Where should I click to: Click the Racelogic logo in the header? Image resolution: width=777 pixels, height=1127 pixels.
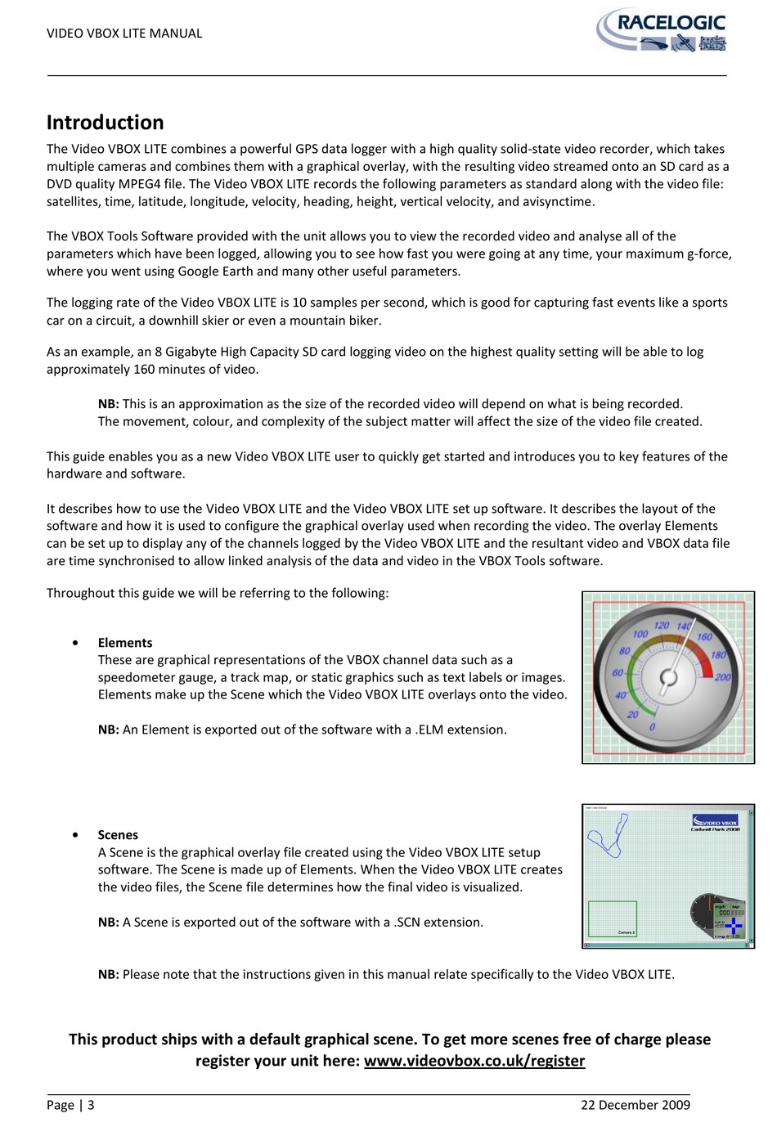point(661,32)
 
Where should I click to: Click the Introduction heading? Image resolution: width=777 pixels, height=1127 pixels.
point(105,123)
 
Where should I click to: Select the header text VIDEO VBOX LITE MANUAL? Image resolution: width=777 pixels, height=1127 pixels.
point(124,34)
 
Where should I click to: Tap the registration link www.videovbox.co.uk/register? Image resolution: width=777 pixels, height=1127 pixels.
point(474,1061)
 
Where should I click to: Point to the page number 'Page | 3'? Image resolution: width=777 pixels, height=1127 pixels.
point(70,1105)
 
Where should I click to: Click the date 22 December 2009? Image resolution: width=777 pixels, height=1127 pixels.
point(635,1105)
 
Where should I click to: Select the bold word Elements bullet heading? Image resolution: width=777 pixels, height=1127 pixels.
point(125,643)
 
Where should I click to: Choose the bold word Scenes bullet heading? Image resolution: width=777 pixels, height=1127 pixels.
point(118,835)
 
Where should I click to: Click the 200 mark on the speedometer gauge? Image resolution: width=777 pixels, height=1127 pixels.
point(723,677)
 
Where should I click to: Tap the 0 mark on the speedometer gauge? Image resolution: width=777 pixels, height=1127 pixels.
point(652,727)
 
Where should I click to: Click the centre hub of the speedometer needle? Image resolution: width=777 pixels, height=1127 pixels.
point(668,677)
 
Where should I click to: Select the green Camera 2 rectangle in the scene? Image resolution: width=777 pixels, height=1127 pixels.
point(613,918)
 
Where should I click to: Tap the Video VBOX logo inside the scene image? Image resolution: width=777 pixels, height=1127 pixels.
point(716,821)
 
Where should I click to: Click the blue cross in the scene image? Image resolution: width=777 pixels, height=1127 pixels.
point(734,926)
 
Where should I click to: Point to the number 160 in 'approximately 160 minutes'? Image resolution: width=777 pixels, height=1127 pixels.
point(145,370)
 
